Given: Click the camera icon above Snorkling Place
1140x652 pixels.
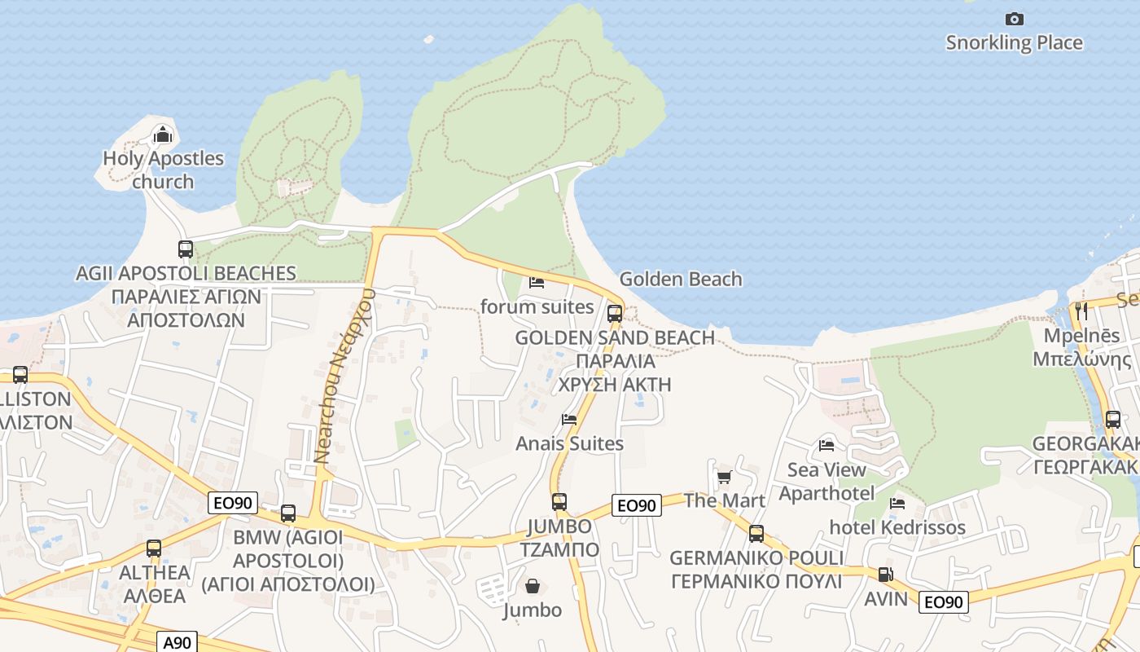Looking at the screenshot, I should (1014, 19).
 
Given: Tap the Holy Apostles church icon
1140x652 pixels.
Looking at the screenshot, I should (163, 134).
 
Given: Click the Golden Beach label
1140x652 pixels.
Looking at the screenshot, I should (681, 280).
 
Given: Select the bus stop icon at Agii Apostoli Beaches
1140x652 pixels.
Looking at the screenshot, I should (186, 249).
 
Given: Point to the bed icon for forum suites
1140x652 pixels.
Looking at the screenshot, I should (537, 283).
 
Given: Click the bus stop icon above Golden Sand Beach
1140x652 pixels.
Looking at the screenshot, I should (615, 313).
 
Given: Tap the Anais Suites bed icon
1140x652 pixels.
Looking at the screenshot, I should (569, 420).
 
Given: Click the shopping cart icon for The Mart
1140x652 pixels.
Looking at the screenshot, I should (724, 477).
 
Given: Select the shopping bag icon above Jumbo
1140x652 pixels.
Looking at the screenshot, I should (533, 586).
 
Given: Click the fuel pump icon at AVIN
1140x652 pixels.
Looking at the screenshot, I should (885, 575).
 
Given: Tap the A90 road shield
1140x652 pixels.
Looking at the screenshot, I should (177, 642).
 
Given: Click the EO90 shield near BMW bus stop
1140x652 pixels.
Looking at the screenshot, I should (233, 503).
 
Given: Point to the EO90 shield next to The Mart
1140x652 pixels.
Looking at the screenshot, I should (636, 505).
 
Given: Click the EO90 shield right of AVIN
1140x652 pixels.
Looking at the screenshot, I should (944, 602).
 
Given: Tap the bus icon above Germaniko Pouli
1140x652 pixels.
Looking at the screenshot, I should (756, 534).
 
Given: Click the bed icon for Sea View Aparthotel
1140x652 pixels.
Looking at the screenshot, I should (826, 445).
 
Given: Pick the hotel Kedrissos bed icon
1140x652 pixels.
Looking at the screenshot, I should (897, 504).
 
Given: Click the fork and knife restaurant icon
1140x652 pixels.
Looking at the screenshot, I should (1081, 311).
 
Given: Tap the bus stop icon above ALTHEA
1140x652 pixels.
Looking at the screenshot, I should (154, 548).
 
